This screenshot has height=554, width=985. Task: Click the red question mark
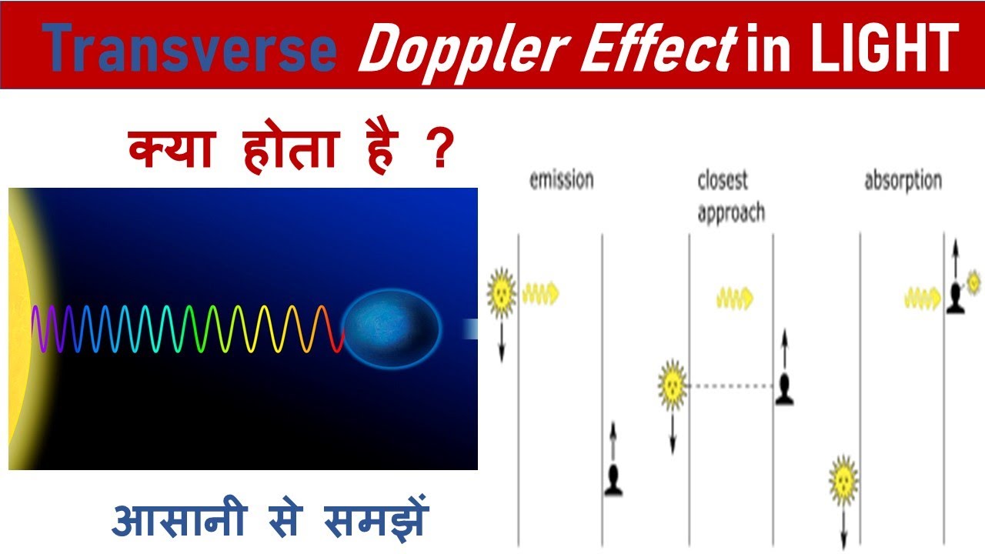point(436,149)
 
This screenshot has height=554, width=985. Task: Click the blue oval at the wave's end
point(391,328)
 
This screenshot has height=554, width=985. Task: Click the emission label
point(562,180)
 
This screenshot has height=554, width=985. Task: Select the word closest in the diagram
point(723,180)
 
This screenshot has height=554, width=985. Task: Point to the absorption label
point(903,182)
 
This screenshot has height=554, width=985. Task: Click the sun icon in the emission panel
point(501,290)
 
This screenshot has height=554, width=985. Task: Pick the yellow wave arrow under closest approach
point(735,297)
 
